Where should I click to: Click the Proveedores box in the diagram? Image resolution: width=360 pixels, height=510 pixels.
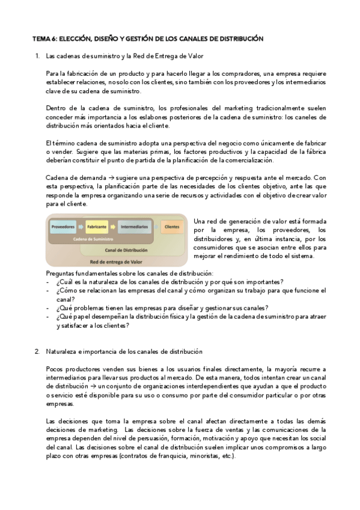63,227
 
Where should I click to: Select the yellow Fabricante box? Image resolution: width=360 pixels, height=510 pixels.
97,227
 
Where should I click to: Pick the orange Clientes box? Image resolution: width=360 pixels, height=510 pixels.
172,227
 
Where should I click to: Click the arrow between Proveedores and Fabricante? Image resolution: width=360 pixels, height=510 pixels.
81,227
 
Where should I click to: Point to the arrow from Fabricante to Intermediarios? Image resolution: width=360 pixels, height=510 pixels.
113,227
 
